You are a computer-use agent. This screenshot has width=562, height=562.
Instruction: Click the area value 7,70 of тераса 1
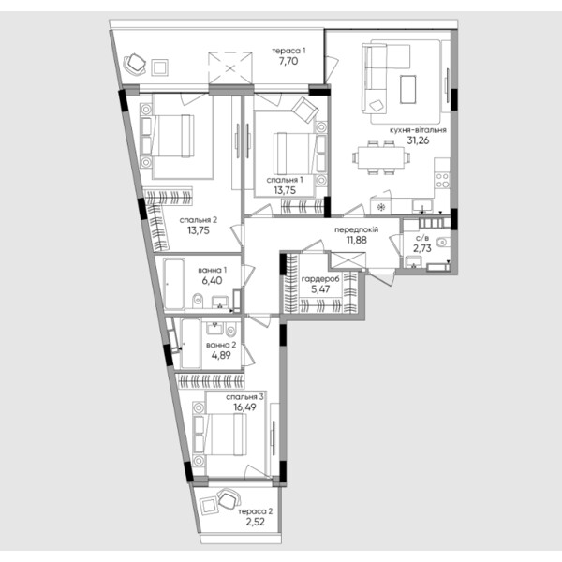pos(288,61)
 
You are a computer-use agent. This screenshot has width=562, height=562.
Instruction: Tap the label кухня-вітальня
pos(418,130)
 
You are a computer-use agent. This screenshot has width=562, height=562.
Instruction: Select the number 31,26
pos(418,140)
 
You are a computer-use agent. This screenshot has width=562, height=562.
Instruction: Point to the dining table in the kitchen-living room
pos(381,157)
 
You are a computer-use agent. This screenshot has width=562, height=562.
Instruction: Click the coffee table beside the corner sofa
pos(408,89)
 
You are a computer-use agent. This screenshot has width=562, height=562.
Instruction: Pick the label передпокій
pos(356,229)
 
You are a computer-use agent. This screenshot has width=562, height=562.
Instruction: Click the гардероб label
pos(320,279)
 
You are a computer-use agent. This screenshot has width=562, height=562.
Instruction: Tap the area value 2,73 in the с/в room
pos(422,248)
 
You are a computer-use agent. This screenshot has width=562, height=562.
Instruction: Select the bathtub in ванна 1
pos(174,284)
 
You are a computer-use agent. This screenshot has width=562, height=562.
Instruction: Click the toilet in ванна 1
pos(198,301)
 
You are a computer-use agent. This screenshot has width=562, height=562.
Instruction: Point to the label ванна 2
pos(221,345)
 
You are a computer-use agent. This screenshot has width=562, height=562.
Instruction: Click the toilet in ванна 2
pos(231,330)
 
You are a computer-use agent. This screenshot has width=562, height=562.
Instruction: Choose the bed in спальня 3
pos(219,435)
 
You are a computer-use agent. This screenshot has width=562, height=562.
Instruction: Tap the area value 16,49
pos(244,407)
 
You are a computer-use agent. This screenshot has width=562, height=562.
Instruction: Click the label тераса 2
pos(255,511)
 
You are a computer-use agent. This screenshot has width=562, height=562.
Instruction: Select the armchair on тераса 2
pos(229,499)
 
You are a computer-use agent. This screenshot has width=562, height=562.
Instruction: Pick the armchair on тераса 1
pos(135,64)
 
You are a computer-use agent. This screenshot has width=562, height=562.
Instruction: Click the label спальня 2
pos(199,220)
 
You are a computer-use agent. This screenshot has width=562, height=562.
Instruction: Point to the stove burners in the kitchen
pos(442,180)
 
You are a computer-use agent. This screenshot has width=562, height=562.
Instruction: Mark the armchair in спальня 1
pos(304,110)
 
